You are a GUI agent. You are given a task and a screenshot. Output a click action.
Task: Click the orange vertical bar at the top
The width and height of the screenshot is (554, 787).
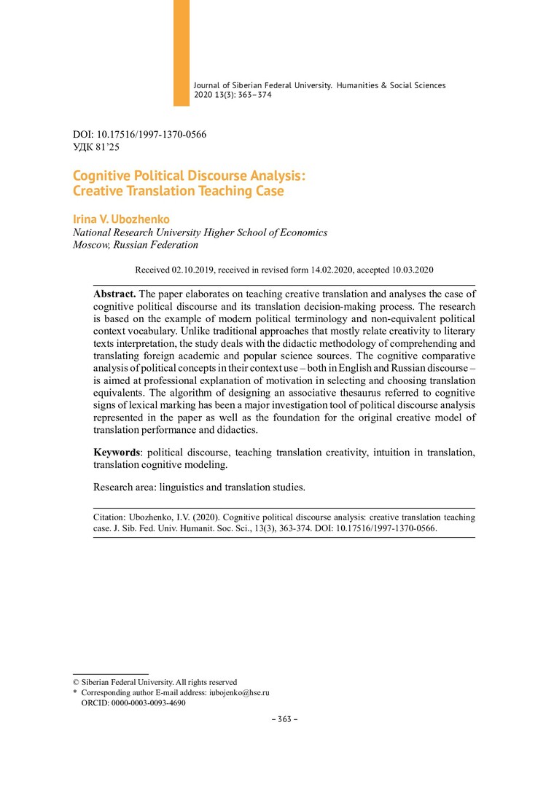182,52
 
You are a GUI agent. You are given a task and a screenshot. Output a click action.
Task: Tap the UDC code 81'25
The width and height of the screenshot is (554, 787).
106,146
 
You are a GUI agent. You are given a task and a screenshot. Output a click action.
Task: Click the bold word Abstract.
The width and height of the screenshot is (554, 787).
114,294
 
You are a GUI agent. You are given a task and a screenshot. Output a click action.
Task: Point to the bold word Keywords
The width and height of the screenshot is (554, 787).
119,452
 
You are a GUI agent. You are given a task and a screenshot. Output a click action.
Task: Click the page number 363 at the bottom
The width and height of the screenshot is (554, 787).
281,719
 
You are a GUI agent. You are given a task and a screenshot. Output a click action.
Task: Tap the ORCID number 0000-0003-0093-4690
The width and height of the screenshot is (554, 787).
149,703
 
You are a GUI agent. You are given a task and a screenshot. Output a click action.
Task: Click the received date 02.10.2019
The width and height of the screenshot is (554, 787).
193,270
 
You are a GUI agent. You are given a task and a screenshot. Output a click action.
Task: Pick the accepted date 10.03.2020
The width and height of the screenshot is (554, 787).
410,270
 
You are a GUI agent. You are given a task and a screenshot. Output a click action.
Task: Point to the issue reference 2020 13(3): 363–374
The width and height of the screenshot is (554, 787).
233,95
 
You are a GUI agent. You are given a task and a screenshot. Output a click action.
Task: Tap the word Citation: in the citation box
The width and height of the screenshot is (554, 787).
112,517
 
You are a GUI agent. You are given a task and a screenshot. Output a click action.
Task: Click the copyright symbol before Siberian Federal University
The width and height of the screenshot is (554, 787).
77,682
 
